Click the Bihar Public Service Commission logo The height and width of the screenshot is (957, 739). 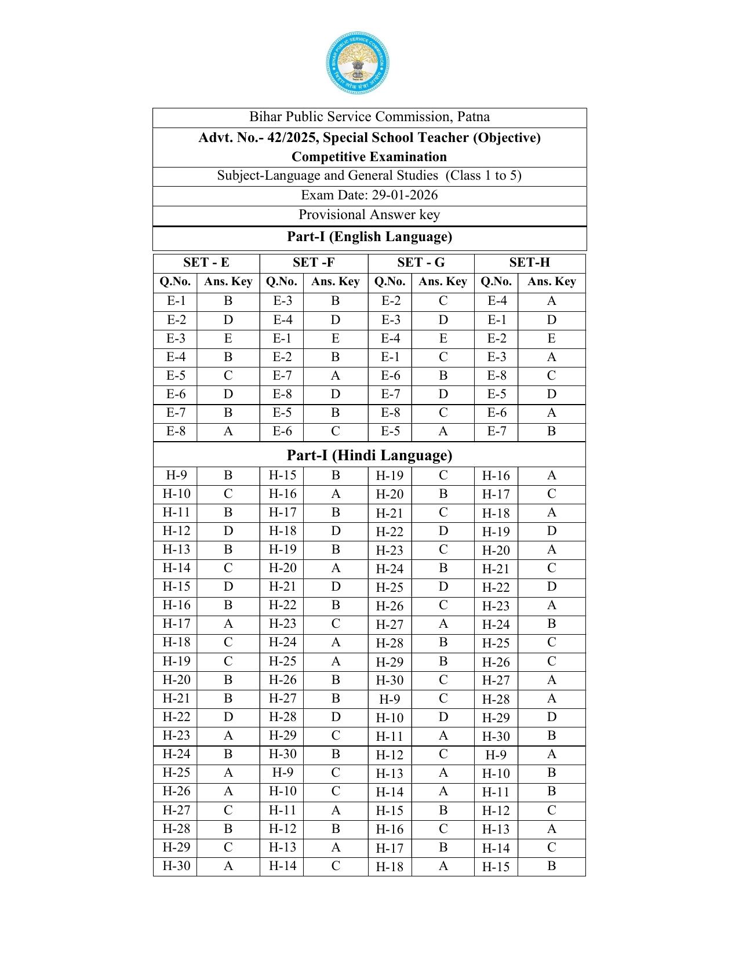point(358,63)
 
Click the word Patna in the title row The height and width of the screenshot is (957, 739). point(473,117)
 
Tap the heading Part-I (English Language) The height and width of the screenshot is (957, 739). point(369,237)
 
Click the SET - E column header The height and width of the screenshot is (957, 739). point(206,263)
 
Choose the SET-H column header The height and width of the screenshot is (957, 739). point(529,263)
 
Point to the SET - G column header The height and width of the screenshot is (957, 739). point(421,263)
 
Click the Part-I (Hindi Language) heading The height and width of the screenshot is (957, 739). point(369,456)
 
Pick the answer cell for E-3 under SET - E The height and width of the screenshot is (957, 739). point(228,339)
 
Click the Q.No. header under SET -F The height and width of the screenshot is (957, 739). point(281,282)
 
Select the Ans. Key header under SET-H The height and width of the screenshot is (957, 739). point(551,282)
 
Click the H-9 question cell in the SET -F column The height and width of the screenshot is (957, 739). point(282,773)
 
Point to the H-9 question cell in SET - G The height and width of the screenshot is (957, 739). point(389,700)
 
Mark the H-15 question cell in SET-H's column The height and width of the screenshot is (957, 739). point(496,867)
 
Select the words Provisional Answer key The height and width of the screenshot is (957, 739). point(369,215)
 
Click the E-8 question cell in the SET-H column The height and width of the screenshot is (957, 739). point(497,376)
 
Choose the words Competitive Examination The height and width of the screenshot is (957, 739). point(369,157)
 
